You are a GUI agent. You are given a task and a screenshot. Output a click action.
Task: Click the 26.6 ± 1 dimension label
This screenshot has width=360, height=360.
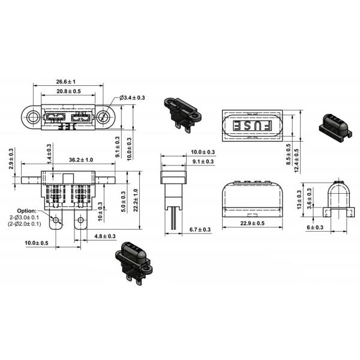pyautogui.click(x=67, y=82)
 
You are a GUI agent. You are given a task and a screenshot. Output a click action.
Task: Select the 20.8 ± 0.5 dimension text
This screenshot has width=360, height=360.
pyautogui.click(x=68, y=91)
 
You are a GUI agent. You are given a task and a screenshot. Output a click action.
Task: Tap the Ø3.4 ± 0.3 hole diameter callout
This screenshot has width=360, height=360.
pyautogui.click(x=133, y=97)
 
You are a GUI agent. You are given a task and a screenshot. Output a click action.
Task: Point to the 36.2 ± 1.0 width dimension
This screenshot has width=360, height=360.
pyautogui.click(x=80, y=160)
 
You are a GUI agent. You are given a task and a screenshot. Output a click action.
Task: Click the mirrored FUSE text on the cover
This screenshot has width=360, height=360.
pyautogui.click(x=251, y=127)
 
